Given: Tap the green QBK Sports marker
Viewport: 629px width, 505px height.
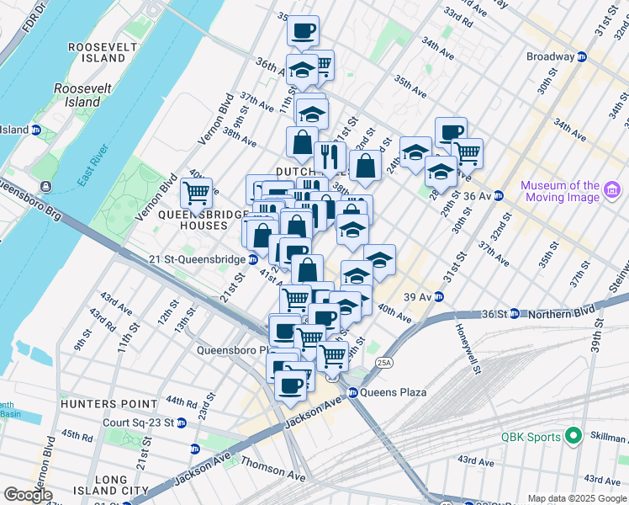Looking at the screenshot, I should (x=573, y=436).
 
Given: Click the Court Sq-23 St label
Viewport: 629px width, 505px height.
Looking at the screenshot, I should (x=137, y=423).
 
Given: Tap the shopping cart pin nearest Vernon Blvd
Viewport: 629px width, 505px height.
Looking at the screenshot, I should (x=196, y=191).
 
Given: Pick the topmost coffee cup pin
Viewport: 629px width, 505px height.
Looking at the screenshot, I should (x=303, y=30).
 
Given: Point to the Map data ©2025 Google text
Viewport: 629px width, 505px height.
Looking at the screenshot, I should (x=577, y=498).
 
